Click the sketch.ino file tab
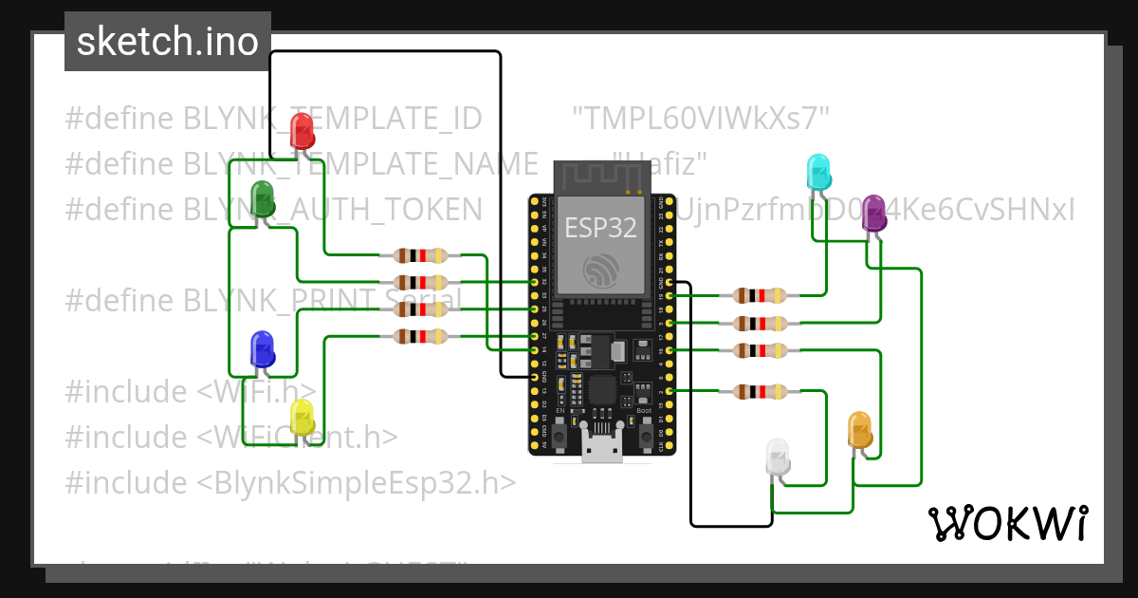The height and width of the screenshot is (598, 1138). (167, 42)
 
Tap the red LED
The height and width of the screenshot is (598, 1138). (302, 130)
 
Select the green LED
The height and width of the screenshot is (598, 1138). (263, 199)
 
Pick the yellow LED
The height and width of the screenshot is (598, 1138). (302, 418)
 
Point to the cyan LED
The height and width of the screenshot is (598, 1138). (817, 172)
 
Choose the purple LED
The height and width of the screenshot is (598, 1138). (873, 215)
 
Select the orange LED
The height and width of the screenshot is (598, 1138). (859, 430)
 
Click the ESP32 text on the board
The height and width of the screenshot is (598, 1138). (600, 227)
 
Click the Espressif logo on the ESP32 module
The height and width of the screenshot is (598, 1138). (601, 271)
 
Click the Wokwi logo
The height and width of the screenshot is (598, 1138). (1007, 523)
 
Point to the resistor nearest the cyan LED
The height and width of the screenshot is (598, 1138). (761, 296)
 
